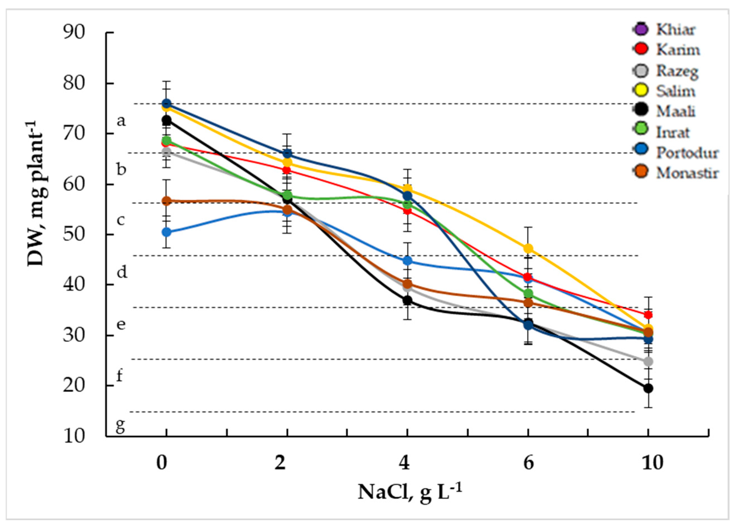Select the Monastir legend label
coord(687,173)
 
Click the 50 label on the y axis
coord(74,235)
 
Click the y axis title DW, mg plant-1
coord(36,193)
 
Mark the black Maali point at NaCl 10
coord(648,388)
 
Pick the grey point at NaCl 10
coord(648,361)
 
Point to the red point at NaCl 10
coord(648,315)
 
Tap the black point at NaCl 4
coord(408,300)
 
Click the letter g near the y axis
coord(120,427)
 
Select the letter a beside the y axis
coord(121,121)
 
